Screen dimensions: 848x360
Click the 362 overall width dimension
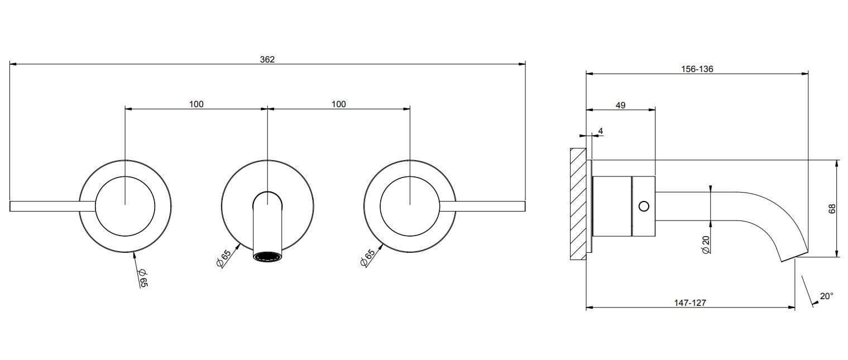point(267,59)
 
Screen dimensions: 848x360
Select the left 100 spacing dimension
point(197,104)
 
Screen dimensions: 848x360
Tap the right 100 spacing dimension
point(339,104)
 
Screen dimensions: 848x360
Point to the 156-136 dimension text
point(697,69)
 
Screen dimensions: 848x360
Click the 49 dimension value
point(620,105)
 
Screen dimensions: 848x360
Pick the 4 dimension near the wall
point(601,131)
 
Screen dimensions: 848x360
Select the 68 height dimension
point(832,209)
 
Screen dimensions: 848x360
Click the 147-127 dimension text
point(690,303)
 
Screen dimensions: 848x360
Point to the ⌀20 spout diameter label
point(706,244)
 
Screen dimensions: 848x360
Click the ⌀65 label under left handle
point(143,277)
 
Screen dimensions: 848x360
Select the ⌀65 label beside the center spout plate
point(223,258)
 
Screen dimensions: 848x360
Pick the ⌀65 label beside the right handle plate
point(367,258)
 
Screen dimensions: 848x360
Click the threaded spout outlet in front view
point(267,257)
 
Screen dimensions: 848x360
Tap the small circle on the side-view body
point(644,207)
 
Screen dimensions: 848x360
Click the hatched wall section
point(578,204)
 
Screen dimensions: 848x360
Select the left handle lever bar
point(52,207)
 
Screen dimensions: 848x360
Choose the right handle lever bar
point(483,207)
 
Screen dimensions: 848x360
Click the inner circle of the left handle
point(125,207)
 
